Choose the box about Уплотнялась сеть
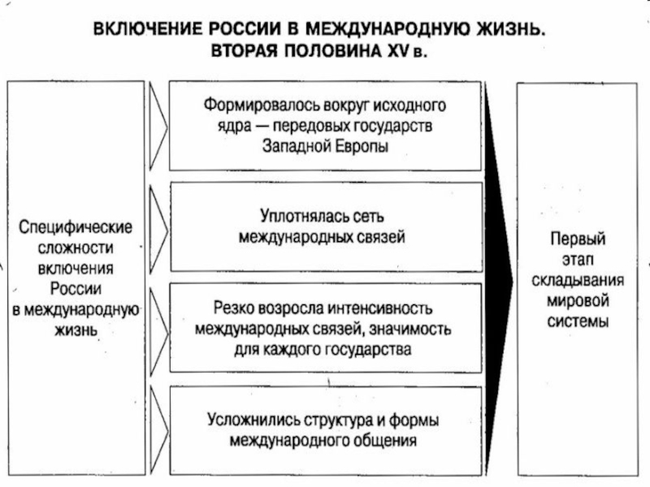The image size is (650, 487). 324,226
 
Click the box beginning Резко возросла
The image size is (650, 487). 324,329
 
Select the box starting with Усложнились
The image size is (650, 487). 324,431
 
